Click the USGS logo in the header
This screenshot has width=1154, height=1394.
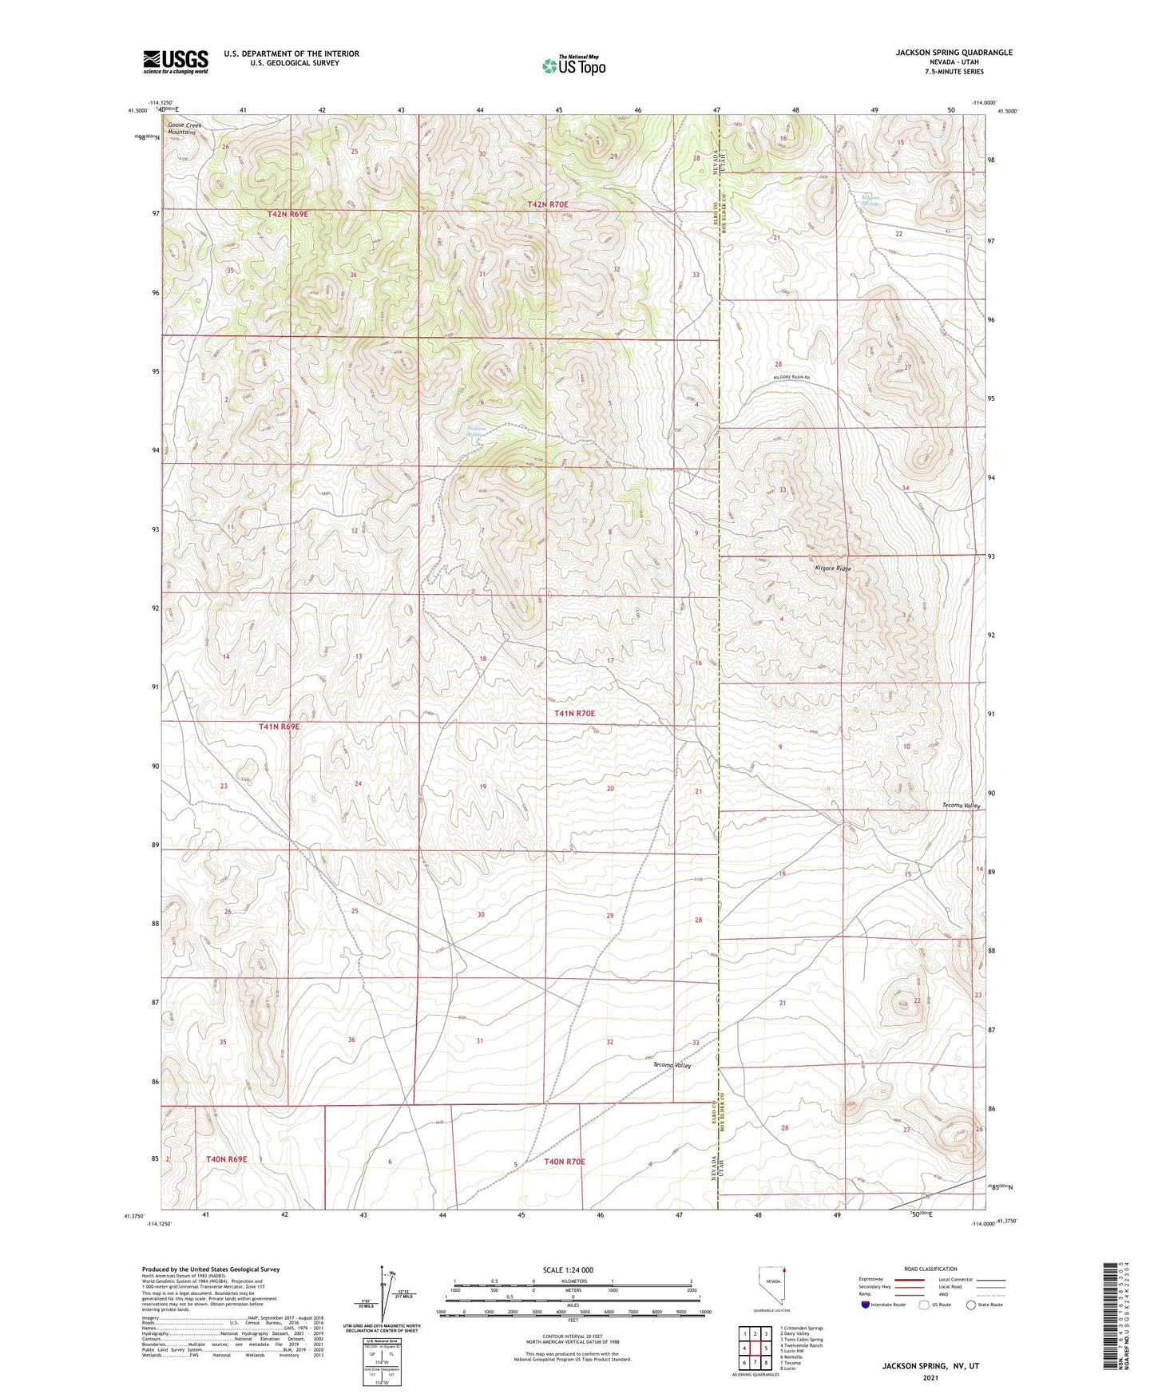pyautogui.click(x=176, y=61)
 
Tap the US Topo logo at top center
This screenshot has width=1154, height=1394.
pyautogui.click(x=573, y=65)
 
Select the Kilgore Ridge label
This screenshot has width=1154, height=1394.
pyautogui.click(x=833, y=569)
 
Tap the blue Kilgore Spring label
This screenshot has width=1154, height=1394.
pyautogui.click(x=869, y=200)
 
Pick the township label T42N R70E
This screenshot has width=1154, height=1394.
pyautogui.click(x=548, y=204)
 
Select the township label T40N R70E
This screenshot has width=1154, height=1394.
pyautogui.click(x=565, y=1162)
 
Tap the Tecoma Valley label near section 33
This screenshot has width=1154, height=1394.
pyautogui.click(x=672, y=1065)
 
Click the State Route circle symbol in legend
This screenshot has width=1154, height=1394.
pyautogui.click(x=971, y=1305)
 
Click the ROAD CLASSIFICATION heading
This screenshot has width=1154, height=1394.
pyautogui.click(x=930, y=1269)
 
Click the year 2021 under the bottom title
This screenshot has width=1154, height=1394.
pyautogui.click(x=930, y=1378)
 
